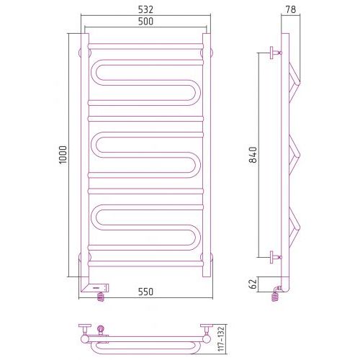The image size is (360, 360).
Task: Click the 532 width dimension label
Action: coord(145,9)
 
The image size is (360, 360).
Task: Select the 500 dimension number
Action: coord(145,22)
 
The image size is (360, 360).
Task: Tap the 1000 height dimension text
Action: coord(63,155)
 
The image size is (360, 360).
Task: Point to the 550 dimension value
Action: coord(145,292)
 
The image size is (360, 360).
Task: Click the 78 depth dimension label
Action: coord(291,9)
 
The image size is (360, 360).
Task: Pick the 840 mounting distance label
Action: coord(253,155)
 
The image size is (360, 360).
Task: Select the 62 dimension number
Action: coord(253,284)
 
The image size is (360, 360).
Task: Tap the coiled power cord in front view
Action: coord(101,297)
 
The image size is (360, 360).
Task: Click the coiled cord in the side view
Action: coord(276,296)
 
